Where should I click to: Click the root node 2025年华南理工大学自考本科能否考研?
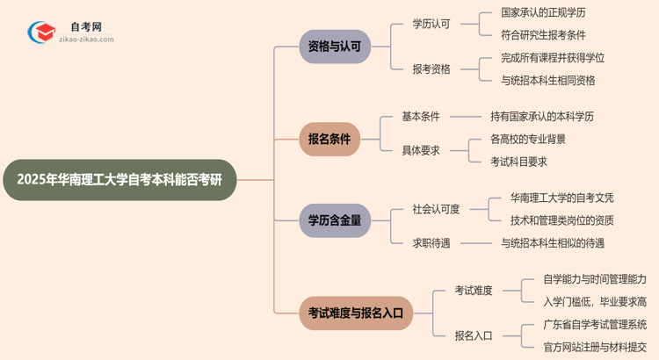(x=120, y=180)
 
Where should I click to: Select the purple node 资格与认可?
(x=334, y=47)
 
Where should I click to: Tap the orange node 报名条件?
(x=329, y=140)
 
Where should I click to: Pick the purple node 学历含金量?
(x=334, y=220)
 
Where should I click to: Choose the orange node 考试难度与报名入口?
(x=356, y=312)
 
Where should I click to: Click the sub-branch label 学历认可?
(x=431, y=25)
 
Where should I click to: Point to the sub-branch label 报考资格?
(x=431, y=69)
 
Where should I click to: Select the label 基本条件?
(x=421, y=117)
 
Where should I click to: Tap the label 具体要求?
(x=421, y=150)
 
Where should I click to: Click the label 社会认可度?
(x=437, y=209)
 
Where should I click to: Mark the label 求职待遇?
(x=431, y=243)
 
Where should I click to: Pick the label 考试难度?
(x=474, y=290)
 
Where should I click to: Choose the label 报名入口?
(x=474, y=335)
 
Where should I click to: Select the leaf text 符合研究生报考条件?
(x=543, y=35)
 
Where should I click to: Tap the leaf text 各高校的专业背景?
(x=528, y=139)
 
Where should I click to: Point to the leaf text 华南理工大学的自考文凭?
(x=562, y=198)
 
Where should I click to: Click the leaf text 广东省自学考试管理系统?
(x=595, y=324)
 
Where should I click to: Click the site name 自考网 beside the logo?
(x=85, y=27)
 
